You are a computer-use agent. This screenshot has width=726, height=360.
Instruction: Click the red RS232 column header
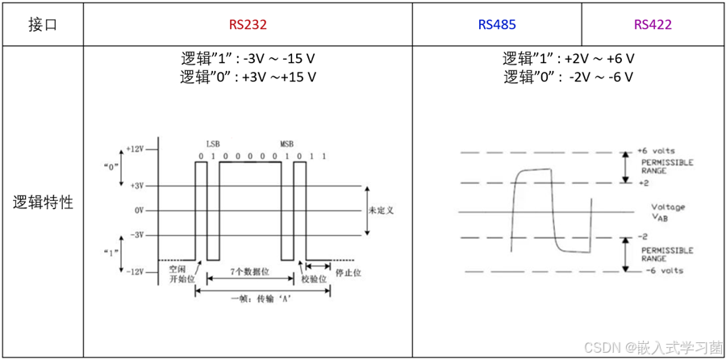tap(248, 24)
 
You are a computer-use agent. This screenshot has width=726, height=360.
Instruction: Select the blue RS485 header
tap(497, 24)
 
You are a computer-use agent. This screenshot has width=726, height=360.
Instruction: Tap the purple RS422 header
tap(653, 24)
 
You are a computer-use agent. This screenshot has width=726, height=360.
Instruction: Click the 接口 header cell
tap(43, 24)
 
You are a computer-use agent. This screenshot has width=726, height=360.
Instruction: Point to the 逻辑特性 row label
tap(43, 203)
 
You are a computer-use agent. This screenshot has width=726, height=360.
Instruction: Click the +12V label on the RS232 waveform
tap(135, 150)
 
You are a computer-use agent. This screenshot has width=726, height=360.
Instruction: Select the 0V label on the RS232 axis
tap(138, 210)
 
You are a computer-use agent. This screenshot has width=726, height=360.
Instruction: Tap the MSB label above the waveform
tap(287, 142)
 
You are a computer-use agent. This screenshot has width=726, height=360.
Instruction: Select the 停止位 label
tap(348, 272)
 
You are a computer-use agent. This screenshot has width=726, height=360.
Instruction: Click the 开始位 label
tap(183, 278)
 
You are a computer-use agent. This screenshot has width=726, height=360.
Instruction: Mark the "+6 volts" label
tap(656, 151)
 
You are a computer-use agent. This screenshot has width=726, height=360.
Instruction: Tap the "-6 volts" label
tap(661, 270)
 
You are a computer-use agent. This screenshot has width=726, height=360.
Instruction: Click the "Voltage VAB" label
tap(668, 211)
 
